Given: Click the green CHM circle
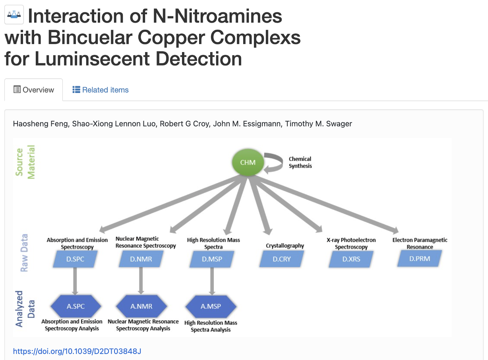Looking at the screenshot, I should click(248, 163).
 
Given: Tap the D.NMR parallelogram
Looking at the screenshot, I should click(141, 259).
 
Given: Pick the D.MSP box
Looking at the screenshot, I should click(211, 259).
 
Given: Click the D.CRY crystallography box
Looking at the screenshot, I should click(281, 259).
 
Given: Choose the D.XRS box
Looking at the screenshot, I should click(351, 259).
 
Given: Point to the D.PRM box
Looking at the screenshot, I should click(420, 259).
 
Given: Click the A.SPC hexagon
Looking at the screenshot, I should click(76, 306).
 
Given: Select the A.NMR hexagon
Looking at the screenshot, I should click(141, 306).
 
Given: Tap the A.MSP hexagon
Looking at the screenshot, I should click(211, 306).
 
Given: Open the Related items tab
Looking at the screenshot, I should click(101, 90).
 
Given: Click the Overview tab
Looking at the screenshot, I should click(34, 90).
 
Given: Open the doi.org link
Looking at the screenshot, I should click(77, 351).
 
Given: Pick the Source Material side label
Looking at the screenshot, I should click(25, 162).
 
